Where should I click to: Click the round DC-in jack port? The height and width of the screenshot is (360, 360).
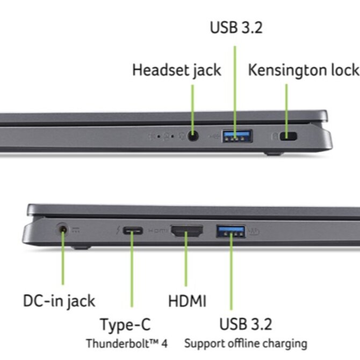63,230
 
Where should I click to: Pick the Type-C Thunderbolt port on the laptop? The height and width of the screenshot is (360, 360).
132,231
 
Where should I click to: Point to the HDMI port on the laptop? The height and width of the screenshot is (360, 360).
186,232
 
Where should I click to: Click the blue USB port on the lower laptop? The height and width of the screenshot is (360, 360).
231,232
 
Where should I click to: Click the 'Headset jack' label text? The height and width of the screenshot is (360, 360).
176,70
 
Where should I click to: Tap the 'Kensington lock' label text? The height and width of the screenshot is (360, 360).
303,70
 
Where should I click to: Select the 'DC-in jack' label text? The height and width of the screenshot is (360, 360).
60,300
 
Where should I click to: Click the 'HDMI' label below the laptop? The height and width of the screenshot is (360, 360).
187,301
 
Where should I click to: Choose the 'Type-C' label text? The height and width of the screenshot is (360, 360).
125,325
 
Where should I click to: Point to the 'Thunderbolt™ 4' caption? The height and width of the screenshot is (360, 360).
127,342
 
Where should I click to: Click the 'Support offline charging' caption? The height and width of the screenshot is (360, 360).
246,343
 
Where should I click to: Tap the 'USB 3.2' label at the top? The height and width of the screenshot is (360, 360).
236,28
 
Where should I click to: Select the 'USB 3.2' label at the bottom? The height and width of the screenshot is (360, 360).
246,324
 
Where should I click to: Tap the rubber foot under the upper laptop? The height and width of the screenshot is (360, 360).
274,153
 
